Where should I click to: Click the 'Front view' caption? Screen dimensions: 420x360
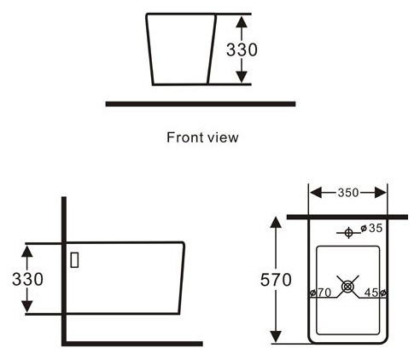point(202,137)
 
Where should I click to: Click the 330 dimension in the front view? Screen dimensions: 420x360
point(242,49)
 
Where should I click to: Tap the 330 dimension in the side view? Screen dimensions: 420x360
point(27,279)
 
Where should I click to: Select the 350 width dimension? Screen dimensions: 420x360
point(348,193)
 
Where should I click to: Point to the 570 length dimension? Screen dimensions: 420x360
point(276,280)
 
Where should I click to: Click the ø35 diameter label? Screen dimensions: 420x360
point(371,228)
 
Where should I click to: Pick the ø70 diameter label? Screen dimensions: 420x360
point(320,293)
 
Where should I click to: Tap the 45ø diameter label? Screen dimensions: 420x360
point(376,293)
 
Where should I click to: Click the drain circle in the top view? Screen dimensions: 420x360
point(347,287)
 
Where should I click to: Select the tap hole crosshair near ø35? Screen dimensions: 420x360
point(348,233)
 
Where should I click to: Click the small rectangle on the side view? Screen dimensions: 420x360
point(74,260)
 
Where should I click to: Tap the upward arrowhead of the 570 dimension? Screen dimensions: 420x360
point(276,222)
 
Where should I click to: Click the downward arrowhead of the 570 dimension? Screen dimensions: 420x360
point(276,337)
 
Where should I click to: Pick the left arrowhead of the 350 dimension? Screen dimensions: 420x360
point(316,193)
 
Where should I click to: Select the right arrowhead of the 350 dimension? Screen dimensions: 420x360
point(381,193)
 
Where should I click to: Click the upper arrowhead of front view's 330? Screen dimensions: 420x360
point(242,22)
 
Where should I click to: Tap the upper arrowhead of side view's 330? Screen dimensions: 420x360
point(27,252)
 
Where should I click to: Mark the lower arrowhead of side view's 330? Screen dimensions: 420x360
point(27,306)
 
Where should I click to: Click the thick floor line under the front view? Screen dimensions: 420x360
point(201,104)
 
